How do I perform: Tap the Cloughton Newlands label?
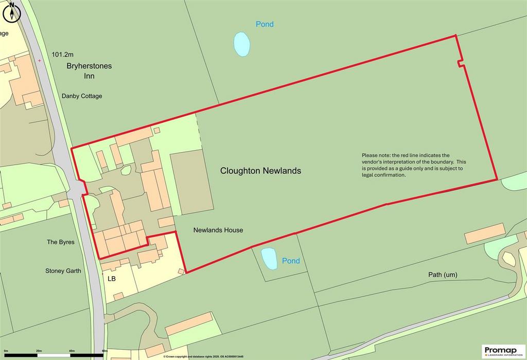(260, 171)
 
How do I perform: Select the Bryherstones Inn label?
(89, 71)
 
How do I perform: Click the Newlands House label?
(218, 230)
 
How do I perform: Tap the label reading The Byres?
(61, 242)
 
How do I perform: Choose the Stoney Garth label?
(63, 271)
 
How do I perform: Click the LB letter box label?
(112, 279)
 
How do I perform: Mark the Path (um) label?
(443, 275)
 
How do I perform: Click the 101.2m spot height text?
(63, 54)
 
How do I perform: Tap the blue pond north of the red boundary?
(242, 44)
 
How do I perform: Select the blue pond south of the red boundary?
(269, 258)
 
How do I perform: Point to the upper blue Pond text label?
(265, 24)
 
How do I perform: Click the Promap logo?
(503, 351)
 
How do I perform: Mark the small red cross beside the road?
(40, 60)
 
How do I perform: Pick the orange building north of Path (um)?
(485, 234)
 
